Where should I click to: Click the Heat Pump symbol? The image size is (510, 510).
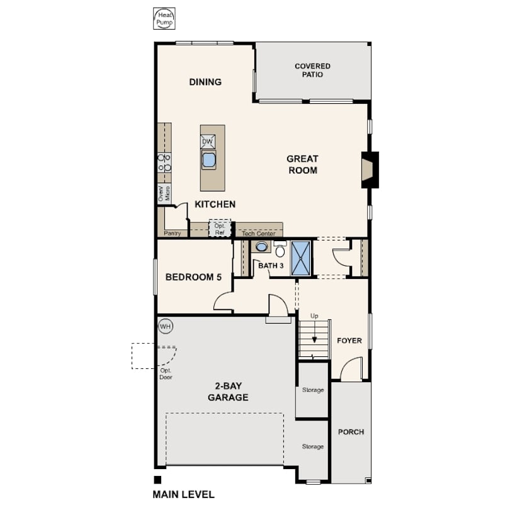164,19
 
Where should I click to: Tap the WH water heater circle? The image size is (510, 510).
166,326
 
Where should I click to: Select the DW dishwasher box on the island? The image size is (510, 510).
208,142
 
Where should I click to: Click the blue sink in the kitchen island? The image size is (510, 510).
208,160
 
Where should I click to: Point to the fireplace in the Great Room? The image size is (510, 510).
370,170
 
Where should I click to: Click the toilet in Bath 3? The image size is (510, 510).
280,249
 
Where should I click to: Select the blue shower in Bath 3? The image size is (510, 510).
301,258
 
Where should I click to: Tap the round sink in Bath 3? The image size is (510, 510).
261,247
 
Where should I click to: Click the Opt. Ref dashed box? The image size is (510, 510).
220,229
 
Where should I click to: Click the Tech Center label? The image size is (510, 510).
259,233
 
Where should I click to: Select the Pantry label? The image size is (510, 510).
173,233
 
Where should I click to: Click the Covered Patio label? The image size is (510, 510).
312,71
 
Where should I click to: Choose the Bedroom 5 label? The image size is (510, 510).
193,277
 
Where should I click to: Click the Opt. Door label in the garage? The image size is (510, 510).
166,374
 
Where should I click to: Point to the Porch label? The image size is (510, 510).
351,432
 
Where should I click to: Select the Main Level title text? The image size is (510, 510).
184,495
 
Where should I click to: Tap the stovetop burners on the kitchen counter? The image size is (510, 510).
164,162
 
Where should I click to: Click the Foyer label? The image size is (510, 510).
349,341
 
